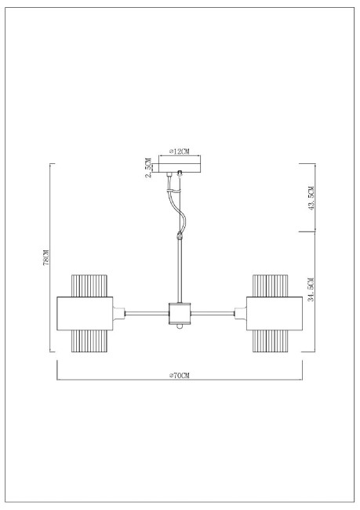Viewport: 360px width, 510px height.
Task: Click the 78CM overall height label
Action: (46, 258)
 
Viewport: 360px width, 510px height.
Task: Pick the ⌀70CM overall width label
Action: (180, 376)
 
